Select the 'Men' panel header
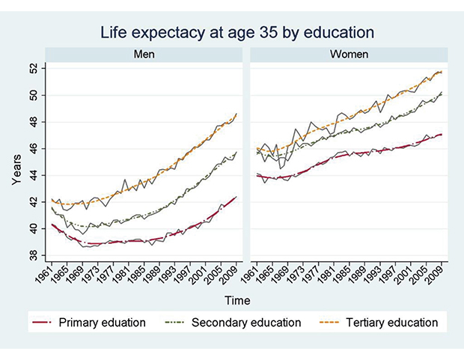click(x=144, y=55)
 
